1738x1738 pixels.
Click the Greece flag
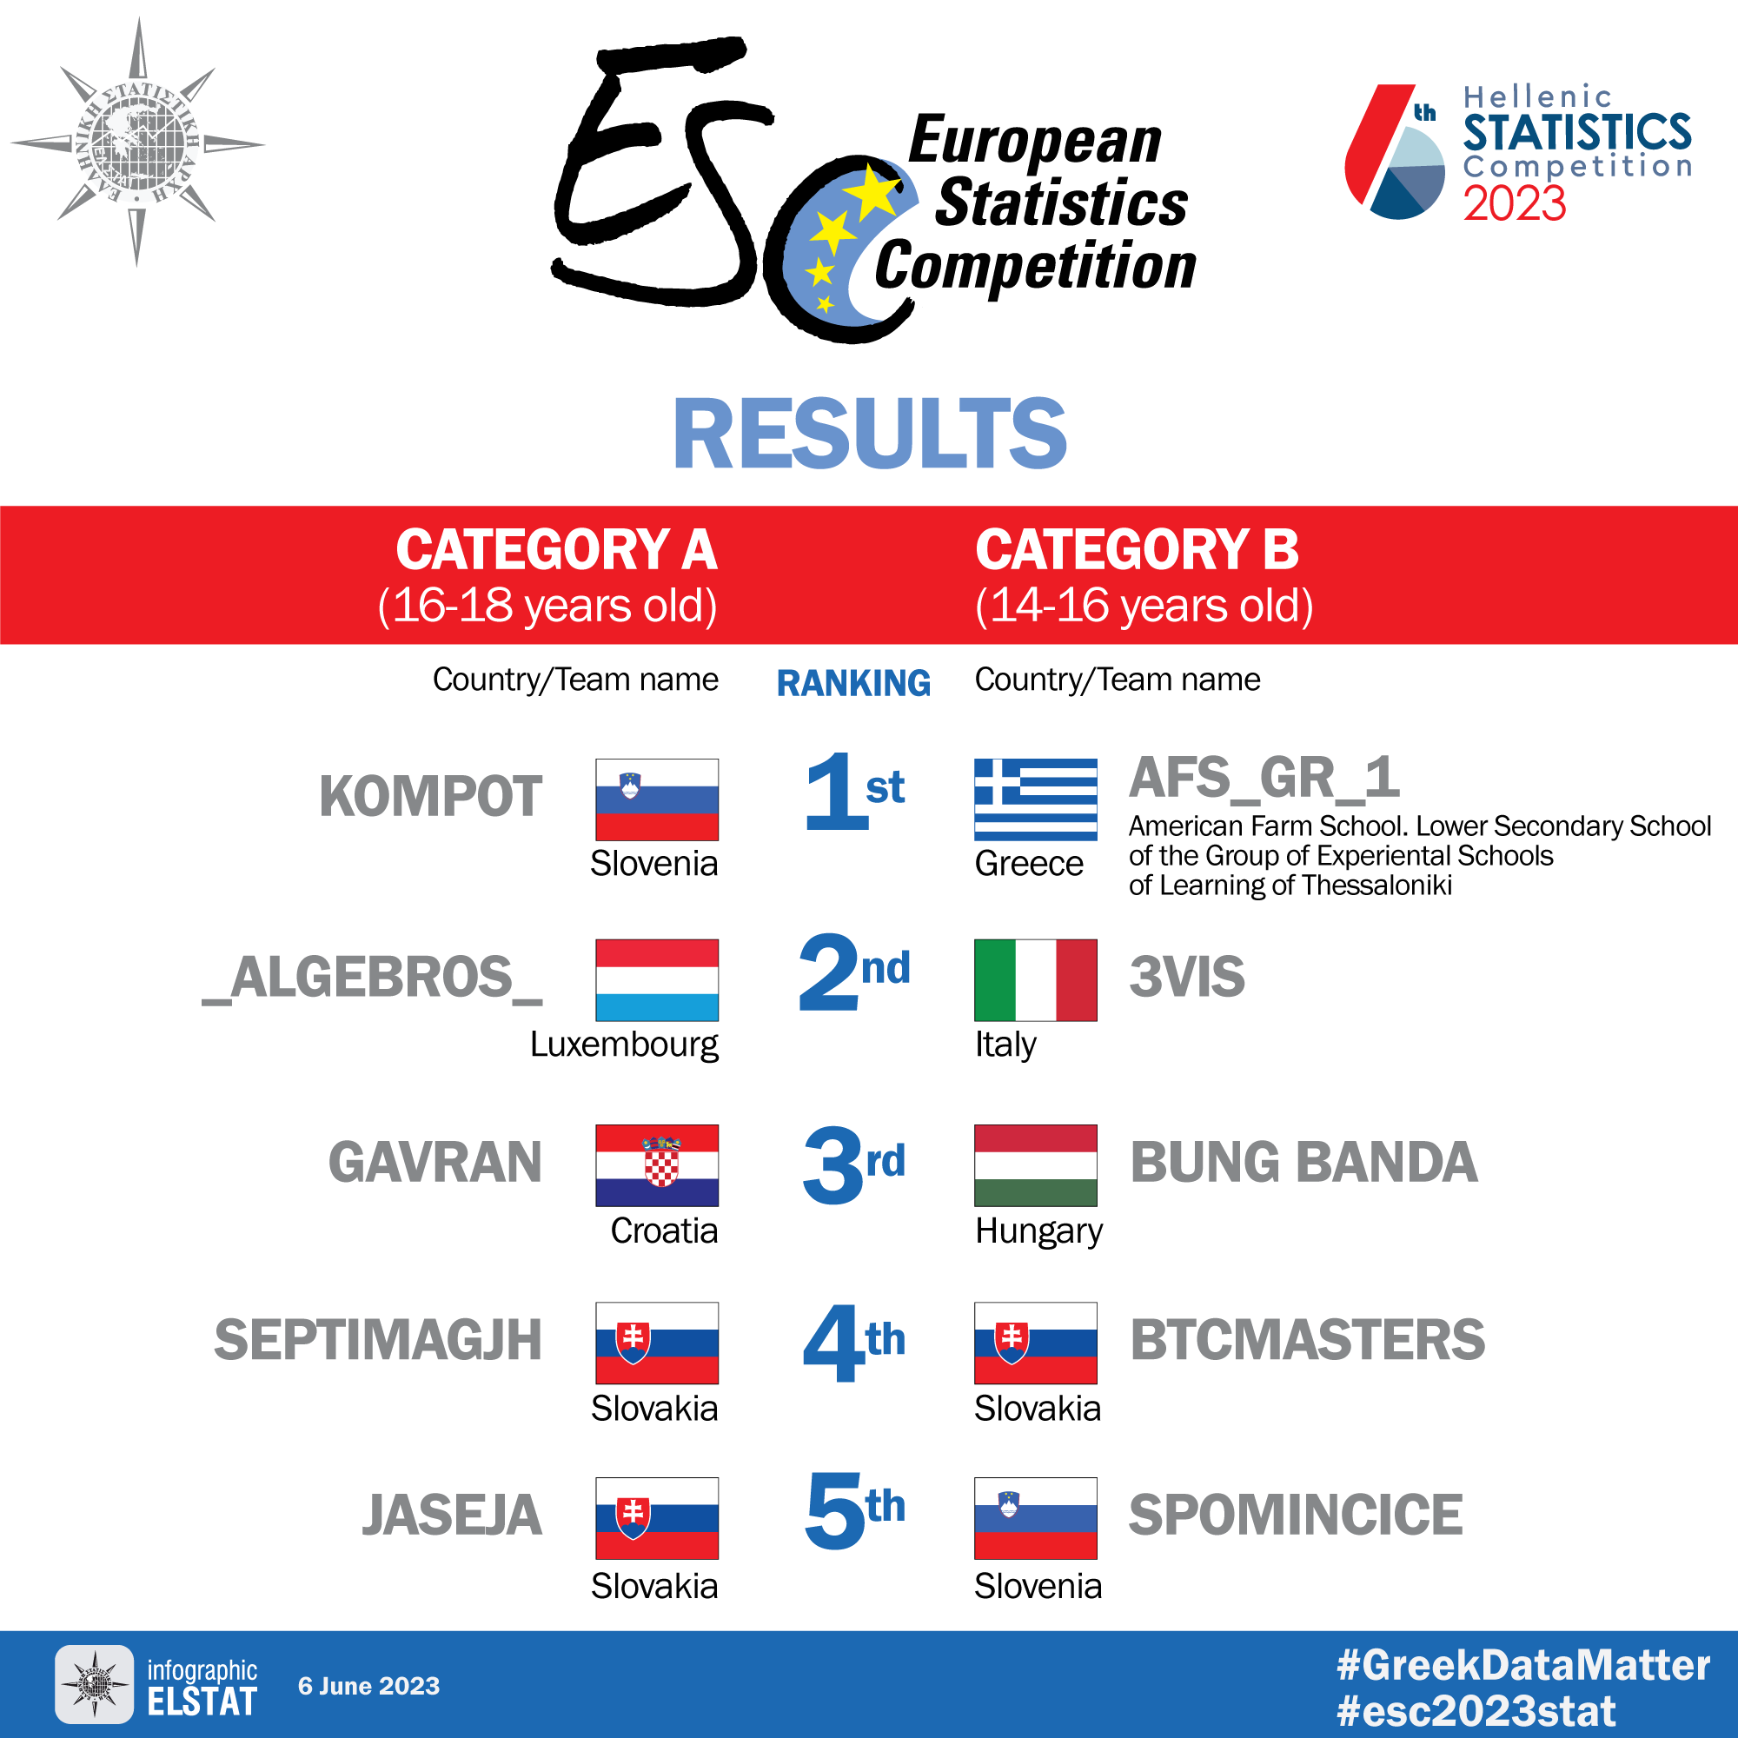point(1036,799)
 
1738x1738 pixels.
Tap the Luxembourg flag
point(657,979)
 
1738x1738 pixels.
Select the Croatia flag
point(657,1165)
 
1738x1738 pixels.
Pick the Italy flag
point(1036,979)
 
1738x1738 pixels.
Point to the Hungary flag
point(1036,1165)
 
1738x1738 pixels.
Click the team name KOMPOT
point(431,796)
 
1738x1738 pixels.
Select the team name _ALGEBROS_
point(373,978)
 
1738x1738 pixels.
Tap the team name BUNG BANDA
point(1303,1161)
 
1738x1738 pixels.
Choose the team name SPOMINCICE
point(1296,1515)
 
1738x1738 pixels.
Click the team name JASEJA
point(453,1515)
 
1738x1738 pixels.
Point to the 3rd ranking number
point(853,1165)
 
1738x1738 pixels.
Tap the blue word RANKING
point(853,683)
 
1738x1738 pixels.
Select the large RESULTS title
point(870,434)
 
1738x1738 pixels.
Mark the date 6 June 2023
point(368,1686)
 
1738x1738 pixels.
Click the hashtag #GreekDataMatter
point(1524,1666)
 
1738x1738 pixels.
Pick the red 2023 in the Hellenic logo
point(1515,203)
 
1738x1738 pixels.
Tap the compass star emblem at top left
point(137,143)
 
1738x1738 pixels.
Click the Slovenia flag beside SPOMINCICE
point(1036,1517)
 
